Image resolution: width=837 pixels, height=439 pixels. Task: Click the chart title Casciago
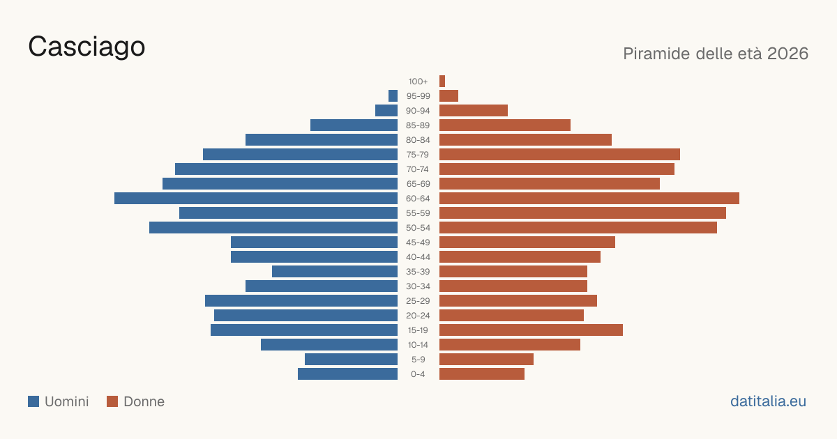(x=86, y=47)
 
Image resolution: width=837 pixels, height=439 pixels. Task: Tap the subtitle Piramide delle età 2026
(x=716, y=54)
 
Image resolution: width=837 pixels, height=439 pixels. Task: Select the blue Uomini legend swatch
(x=33, y=401)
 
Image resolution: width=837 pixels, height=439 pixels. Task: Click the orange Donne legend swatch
(x=112, y=401)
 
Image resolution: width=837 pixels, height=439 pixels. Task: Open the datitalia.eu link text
(x=768, y=401)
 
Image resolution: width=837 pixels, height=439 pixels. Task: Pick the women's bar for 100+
(x=442, y=81)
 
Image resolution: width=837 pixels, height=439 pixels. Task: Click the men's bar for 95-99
(x=393, y=95)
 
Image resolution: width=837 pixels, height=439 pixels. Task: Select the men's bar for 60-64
(x=256, y=198)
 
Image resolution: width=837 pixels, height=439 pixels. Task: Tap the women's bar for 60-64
(x=589, y=198)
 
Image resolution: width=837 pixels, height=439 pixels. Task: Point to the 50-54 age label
(x=418, y=228)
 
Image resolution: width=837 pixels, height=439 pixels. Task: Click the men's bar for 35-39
(x=335, y=271)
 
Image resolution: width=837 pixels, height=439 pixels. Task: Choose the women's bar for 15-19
(x=531, y=330)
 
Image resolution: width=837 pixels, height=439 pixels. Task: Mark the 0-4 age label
(x=418, y=374)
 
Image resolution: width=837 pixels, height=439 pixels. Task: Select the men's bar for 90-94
(x=386, y=111)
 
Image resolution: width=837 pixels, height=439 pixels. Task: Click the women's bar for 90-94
(x=474, y=111)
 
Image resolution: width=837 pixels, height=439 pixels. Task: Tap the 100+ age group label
(x=418, y=82)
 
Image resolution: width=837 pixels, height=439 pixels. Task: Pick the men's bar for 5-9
(x=352, y=359)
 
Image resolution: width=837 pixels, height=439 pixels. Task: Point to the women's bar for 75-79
(x=559, y=154)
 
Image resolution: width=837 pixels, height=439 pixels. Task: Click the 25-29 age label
(x=418, y=301)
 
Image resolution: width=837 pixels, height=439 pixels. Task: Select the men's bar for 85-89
(x=354, y=125)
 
